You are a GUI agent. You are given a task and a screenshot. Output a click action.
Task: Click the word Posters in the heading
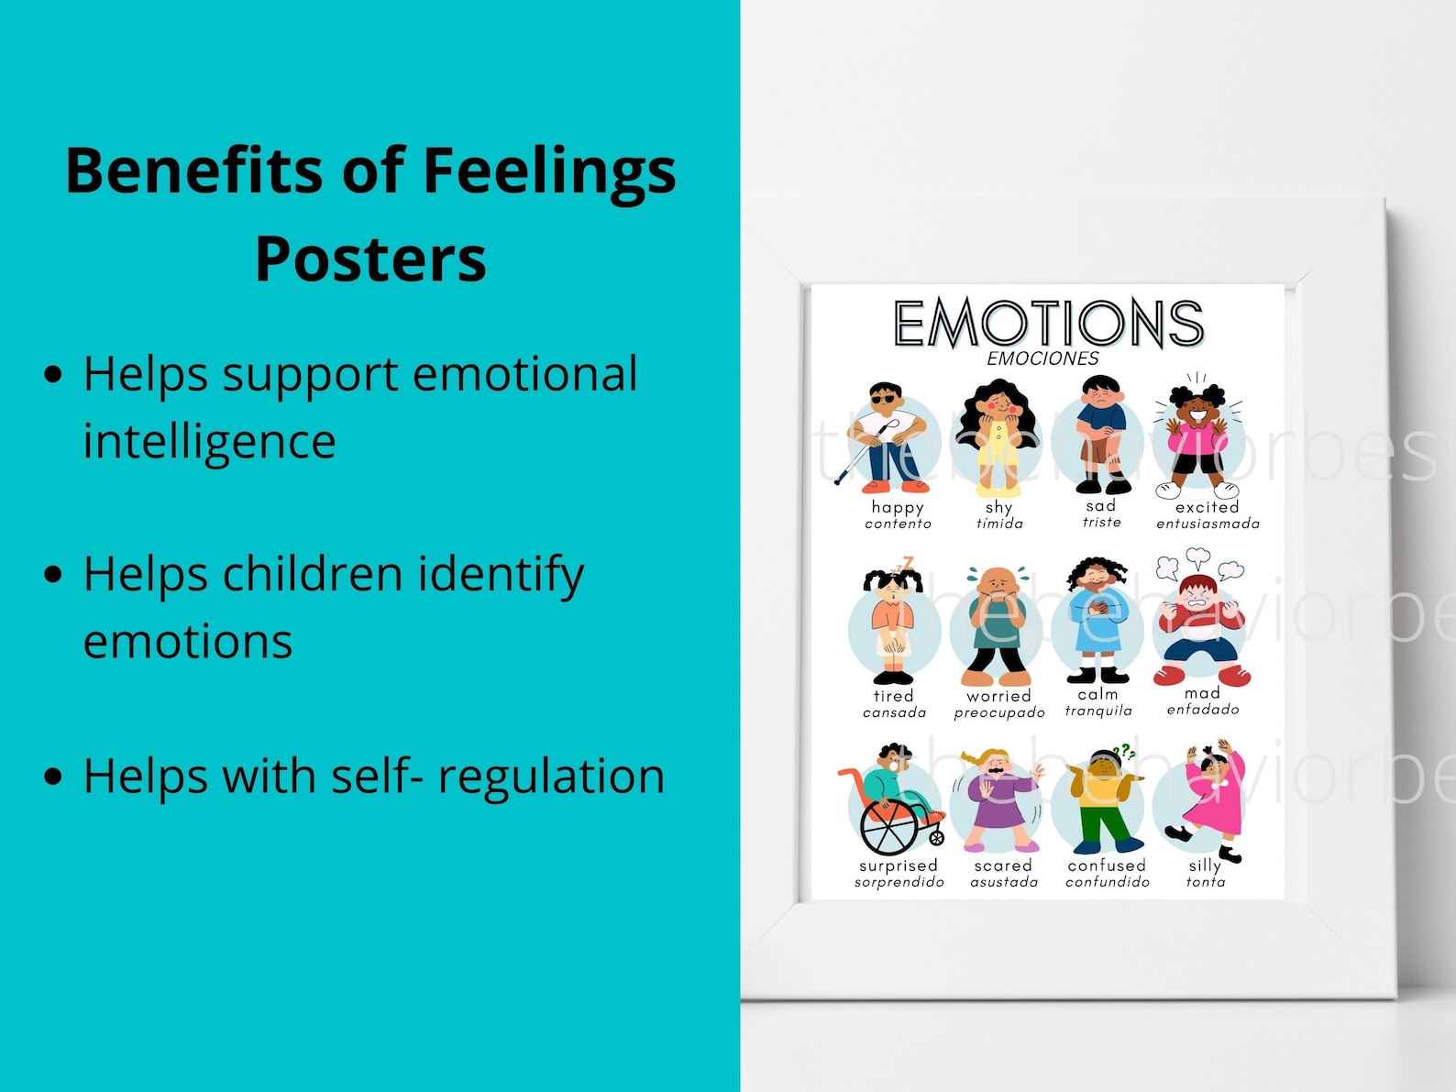click(x=370, y=259)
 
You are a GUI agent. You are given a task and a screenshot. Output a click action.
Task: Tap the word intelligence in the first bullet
click(x=209, y=441)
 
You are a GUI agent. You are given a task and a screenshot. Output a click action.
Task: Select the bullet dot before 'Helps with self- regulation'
click(x=54, y=777)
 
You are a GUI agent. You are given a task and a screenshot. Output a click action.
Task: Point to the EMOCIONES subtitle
click(x=1042, y=358)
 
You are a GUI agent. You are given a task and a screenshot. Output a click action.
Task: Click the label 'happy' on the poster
click(x=898, y=507)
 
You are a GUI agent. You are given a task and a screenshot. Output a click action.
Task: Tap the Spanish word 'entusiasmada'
click(x=1208, y=524)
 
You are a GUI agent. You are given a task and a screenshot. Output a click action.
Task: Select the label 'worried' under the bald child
click(x=998, y=696)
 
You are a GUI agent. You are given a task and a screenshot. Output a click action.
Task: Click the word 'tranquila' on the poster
click(x=1098, y=711)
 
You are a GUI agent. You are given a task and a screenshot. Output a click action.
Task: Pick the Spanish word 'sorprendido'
click(x=899, y=882)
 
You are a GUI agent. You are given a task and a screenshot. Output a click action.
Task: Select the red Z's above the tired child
click(x=907, y=562)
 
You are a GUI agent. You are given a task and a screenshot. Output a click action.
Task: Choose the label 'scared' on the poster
click(x=1003, y=866)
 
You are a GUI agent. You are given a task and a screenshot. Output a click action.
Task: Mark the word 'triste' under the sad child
click(x=1101, y=522)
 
